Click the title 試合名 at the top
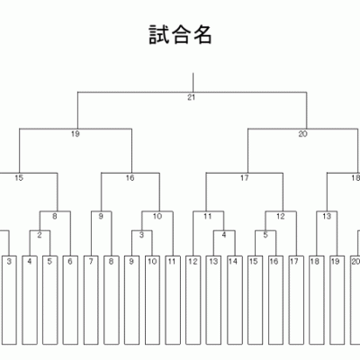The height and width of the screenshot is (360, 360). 181,35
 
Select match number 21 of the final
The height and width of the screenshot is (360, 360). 191,97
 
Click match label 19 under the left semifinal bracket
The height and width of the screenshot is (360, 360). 76,134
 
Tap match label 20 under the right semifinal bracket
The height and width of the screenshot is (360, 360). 302,134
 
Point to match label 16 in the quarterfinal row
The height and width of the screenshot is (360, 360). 130,178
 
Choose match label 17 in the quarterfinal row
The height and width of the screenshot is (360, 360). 245,178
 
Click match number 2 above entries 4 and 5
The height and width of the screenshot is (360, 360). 40,235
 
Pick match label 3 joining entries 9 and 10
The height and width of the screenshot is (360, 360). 141,235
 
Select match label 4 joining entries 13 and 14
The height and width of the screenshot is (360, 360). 224,235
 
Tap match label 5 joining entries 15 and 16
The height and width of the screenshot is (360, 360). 265,235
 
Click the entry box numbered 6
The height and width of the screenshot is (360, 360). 70,300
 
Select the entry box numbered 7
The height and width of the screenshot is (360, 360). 91,300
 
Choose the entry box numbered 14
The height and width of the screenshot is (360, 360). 235,300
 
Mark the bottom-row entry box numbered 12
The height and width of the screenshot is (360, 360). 193,300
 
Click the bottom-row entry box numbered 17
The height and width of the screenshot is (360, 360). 296,300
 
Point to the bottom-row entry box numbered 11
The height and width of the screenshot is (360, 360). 173,300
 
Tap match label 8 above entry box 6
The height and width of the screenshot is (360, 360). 55,216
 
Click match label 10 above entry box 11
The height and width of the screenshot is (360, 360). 157,216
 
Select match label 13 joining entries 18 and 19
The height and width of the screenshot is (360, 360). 327,216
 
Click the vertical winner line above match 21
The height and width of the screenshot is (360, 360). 193,83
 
